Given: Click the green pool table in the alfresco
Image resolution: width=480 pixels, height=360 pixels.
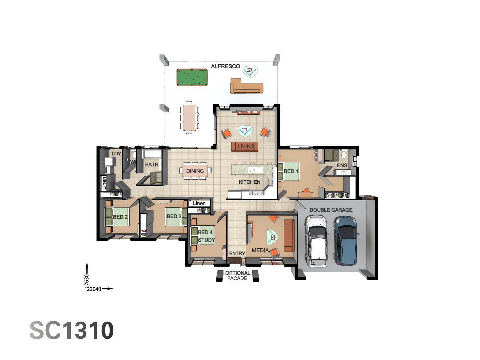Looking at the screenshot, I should coord(192,77).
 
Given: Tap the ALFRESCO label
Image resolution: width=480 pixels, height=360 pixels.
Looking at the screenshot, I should coord(225,66).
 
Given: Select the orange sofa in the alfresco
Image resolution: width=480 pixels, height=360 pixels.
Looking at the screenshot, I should coord(247,86).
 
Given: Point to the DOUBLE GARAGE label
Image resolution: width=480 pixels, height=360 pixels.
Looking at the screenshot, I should coord(331,210).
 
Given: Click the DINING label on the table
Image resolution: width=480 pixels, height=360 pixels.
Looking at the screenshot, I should coord(195,171).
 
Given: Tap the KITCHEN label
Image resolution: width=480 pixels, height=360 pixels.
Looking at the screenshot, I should coord(249,182).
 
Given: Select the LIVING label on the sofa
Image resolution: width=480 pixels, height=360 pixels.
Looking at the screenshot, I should coord(246,146).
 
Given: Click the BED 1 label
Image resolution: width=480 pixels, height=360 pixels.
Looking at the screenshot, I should coord(291,171).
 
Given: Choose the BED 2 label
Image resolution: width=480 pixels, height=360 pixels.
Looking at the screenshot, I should coord(120,217).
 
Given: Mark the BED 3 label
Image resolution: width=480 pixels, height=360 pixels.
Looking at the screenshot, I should coord(174,216).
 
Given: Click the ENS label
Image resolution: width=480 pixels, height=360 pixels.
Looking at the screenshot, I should coord(342,165).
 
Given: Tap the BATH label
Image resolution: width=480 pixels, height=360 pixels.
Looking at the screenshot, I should coord(152,165).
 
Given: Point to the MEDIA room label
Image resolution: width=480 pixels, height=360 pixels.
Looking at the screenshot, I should coord(260,250).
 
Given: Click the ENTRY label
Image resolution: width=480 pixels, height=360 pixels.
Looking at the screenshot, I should coord(237,254).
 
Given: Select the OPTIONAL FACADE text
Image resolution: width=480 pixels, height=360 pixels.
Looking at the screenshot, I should coord(237,276).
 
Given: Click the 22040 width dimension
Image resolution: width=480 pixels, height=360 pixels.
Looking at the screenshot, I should coord(94,289).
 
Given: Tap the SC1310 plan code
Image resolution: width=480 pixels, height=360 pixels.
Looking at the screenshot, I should coord(72,330).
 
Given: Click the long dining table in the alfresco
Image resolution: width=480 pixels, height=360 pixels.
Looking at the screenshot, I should coord(189,117).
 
